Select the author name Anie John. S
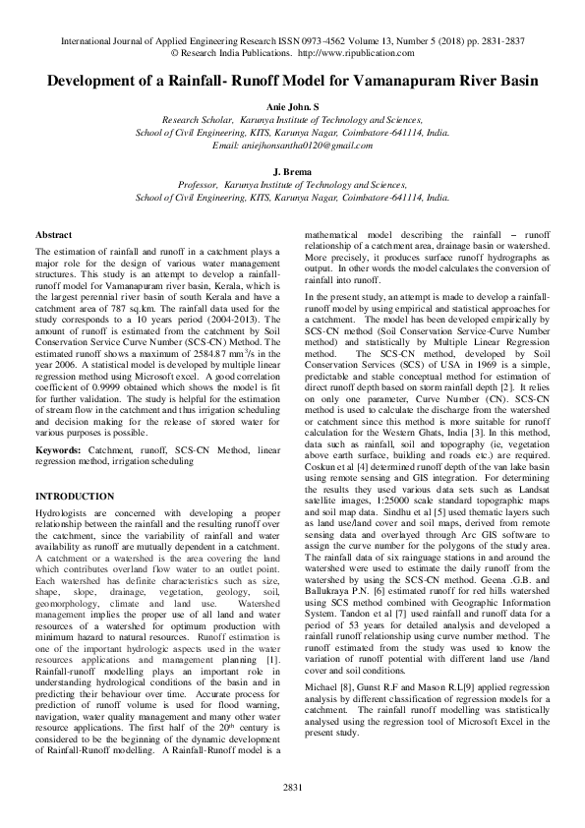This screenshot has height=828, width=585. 292,104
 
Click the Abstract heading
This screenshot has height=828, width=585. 53,236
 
